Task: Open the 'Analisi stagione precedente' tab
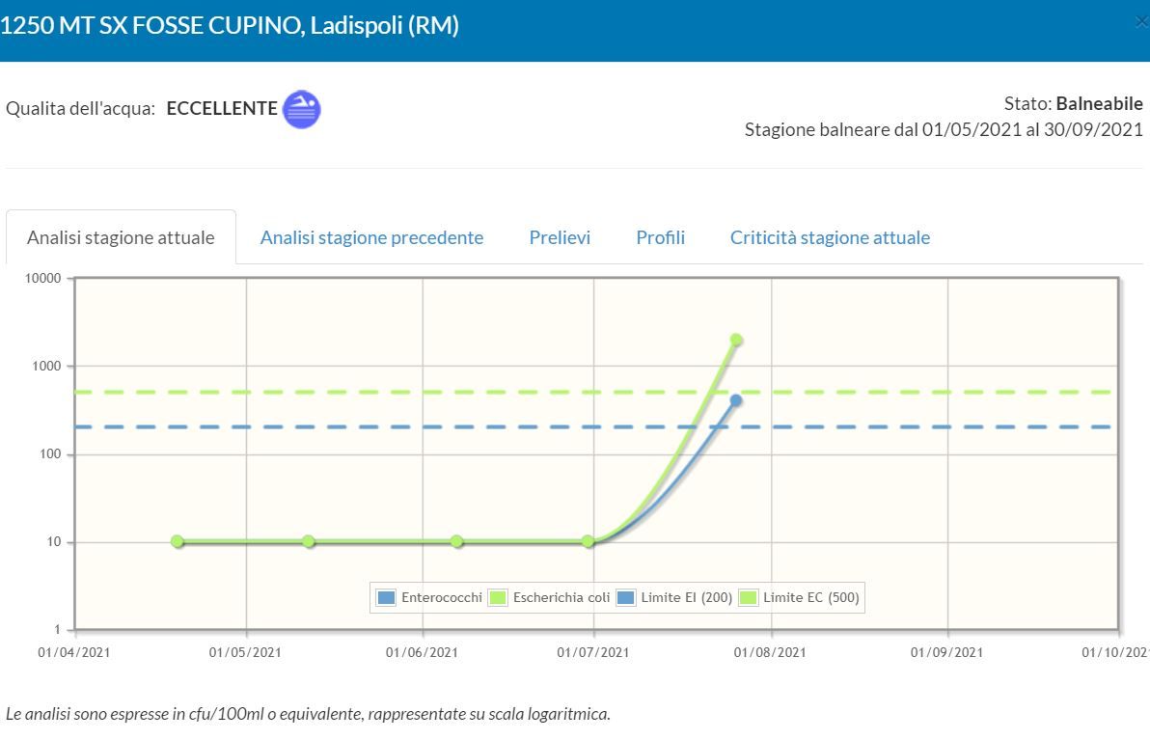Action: click(371, 237)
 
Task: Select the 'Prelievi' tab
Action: click(560, 237)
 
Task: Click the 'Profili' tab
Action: click(660, 237)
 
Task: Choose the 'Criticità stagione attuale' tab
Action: click(830, 237)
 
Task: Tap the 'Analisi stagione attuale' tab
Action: click(121, 237)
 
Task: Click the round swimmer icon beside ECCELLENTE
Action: click(301, 109)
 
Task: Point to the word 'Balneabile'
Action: click(1099, 103)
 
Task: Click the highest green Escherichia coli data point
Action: click(736, 340)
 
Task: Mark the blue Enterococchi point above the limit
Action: click(736, 400)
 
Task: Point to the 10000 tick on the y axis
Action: click(43, 279)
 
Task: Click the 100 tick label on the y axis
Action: click(49, 454)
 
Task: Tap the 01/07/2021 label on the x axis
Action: click(593, 652)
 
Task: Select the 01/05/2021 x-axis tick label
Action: click(245, 652)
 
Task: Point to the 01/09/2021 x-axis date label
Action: click(946, 652)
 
